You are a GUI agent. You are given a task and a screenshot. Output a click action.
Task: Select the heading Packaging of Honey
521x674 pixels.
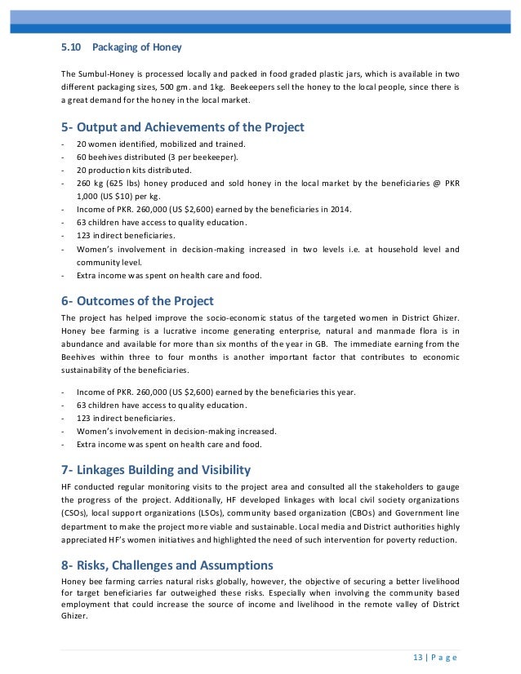(137, 47)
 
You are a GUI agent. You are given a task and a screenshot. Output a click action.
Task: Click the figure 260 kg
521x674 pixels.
(90, 183)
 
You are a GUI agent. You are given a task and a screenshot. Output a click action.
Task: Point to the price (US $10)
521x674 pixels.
(117, 196)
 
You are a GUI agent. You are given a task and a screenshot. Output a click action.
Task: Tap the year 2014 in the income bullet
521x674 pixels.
(340, 210)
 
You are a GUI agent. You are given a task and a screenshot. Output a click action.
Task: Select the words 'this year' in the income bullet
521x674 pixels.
(338, 392)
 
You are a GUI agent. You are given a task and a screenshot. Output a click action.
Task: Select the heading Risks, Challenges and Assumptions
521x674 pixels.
(172, 564)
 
